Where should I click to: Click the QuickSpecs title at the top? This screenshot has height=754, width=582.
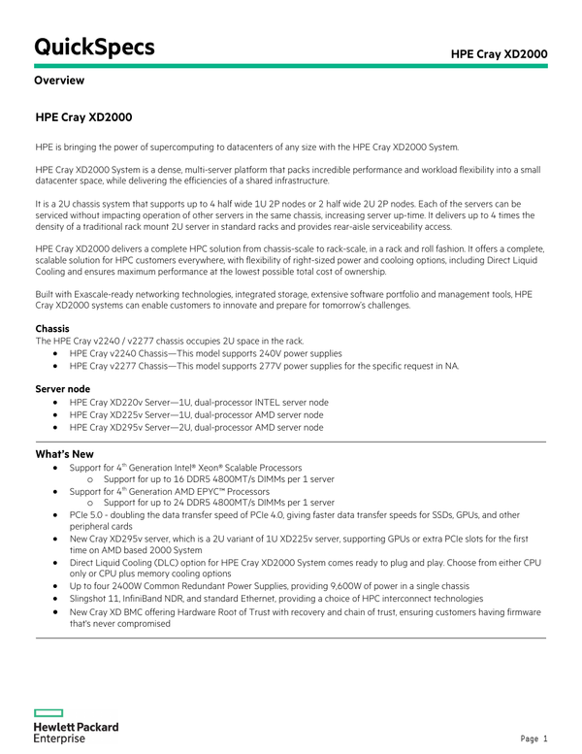[x=94, y=46]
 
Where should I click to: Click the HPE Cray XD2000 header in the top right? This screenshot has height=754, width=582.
[x=499, y=52]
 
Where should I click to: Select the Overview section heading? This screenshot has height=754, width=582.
[x=59, y=81]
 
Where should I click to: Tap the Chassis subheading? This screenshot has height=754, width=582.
[x=52, y=329]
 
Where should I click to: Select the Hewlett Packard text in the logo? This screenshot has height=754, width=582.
[x=77, y=726]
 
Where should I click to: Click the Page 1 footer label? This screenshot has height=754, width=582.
[x=533, y=738]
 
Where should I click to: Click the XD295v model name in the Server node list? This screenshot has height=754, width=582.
[x=134, y=426]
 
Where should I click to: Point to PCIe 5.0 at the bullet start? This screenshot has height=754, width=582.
[x=89, y=515]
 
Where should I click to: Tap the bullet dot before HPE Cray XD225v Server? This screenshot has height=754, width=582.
[x=58, y=414]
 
